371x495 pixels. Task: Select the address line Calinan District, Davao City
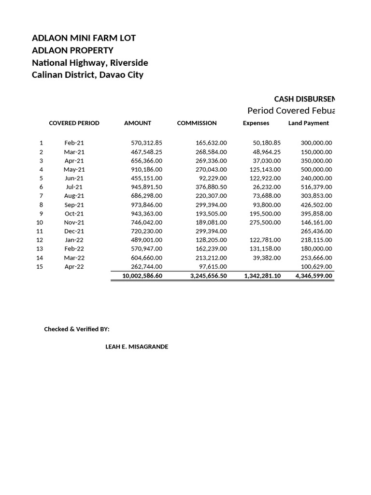point(87,75)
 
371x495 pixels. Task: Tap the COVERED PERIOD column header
point(74,123)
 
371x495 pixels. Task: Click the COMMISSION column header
point(197,123)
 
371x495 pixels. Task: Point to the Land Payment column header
point(308,123)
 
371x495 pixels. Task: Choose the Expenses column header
point(256,123)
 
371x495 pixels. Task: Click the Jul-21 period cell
point(74,187)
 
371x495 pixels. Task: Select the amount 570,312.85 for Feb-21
point(147,143)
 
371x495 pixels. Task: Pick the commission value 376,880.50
point(207,187)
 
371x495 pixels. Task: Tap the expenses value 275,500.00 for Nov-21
point(265,222)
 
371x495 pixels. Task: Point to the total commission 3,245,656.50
point(205,276)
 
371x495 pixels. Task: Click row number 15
point(40,266)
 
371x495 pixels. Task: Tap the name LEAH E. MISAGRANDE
point(137,347)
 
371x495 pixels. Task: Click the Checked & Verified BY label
point(77,329)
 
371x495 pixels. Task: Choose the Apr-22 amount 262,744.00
point(147,266)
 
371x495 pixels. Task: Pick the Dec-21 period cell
point(74,231)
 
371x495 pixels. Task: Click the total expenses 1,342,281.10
point(263,276)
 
